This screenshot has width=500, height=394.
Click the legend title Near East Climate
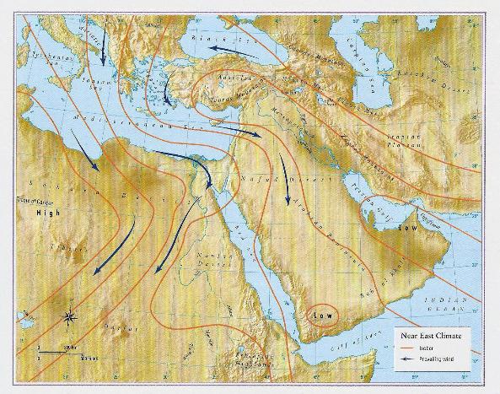click(x=432, y=336)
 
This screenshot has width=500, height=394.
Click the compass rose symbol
click(x=70, y=318)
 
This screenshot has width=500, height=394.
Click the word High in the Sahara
click(x=44, y=214)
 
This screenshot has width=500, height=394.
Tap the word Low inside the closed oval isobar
click(x=323, y=316)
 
